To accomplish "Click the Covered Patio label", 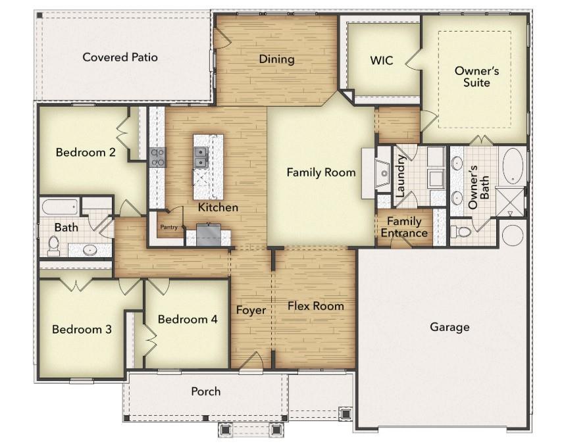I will (120, 57).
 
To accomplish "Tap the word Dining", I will (276, 59).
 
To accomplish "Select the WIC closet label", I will (381, 61).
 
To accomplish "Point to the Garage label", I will (449, 326).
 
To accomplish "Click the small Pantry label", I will (169, 227).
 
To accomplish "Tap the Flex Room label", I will (315, 306).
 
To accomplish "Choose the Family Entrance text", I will (407, 227).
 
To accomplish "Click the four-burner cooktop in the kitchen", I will (158, 157).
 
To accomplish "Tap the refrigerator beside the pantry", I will (209, 234).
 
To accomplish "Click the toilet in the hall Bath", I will (54, 245).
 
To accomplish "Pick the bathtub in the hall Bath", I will (60, 207).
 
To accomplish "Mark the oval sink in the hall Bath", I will (91, 249).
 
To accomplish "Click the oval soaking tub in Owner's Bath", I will (513, 166).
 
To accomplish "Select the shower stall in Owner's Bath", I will (511, 201).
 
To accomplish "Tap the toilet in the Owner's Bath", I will (463, 232).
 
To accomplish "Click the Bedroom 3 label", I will (82, 329).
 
